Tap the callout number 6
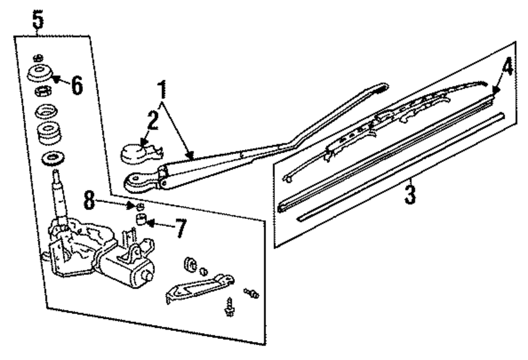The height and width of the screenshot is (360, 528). [x=77, y=84]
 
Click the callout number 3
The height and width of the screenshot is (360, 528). [x=409, y=194]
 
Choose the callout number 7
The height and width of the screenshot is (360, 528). [x=180, y=228]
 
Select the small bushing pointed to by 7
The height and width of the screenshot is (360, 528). [x=141, y=220]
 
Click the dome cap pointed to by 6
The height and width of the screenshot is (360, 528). [x=40, y=74]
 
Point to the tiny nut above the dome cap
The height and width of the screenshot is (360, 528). [x=37, y=58]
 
